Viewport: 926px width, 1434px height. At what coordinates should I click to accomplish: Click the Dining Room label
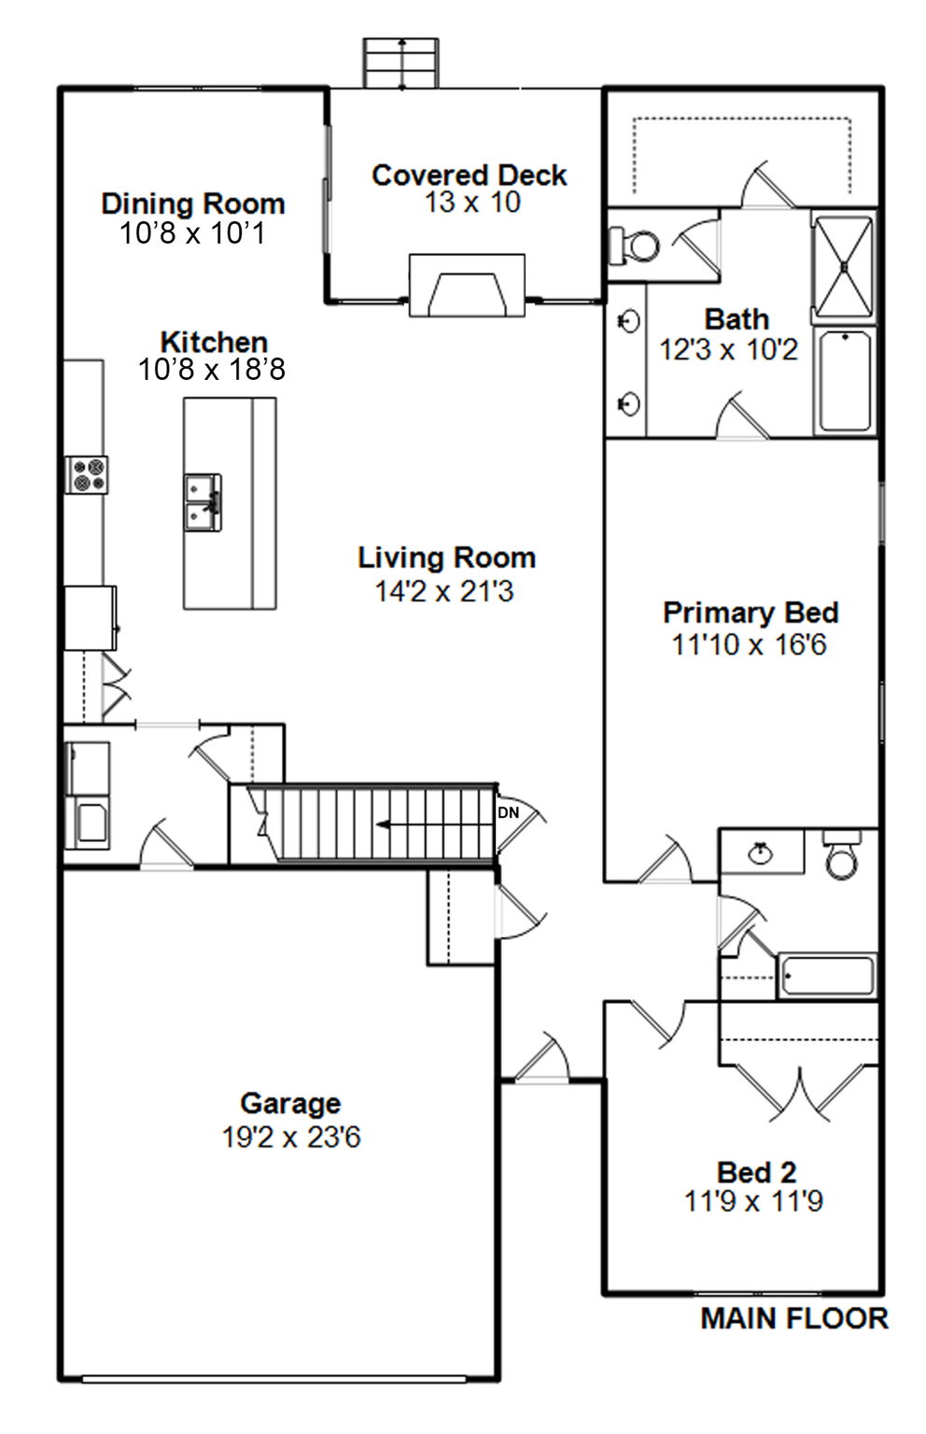pyautogui.click(x=192, y=204)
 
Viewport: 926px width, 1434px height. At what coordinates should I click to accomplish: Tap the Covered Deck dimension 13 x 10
pyautogui.click(x=473, y=203)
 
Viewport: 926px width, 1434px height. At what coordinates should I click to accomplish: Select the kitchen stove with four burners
pyautogui.click(x=87, y=474)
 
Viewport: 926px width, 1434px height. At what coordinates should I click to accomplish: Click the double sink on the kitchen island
pyautogui.click(x=203, y=502)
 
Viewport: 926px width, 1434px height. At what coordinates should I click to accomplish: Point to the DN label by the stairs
pyautogui.click(x=508, y=812)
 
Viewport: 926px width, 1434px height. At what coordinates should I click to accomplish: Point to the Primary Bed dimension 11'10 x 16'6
pyautogui.click(x=749, y=645)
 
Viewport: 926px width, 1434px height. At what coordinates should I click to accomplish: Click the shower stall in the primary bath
pyautogui.click(x=843, y=267)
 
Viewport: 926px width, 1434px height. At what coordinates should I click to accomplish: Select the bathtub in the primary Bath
pyautogui.click(x=845, y=380)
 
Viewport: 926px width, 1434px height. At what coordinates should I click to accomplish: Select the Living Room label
pyautogui.click(x=447, y=557)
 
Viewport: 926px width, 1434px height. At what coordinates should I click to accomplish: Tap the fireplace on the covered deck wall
pyautogui.click(x=467, y=286)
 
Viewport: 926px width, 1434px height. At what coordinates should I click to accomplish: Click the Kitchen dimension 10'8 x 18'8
pyautogui.click(x=212, y=370)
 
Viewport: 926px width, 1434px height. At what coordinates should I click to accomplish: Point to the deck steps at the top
pyautogui.click(x=401, y=63)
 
